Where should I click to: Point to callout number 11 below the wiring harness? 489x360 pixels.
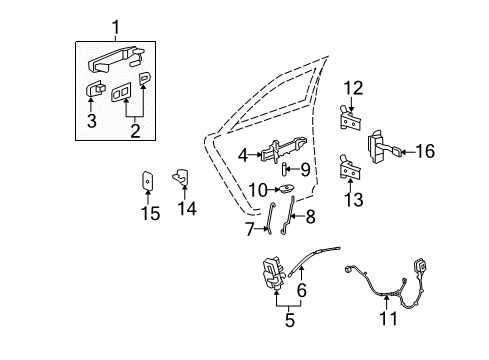pos(388,319)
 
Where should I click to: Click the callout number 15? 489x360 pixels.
pos(149,212)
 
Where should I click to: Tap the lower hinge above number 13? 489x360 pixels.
pos(349,166)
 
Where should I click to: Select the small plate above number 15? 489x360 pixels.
pos(148,180)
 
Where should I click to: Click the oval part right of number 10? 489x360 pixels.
pos(286,188)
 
